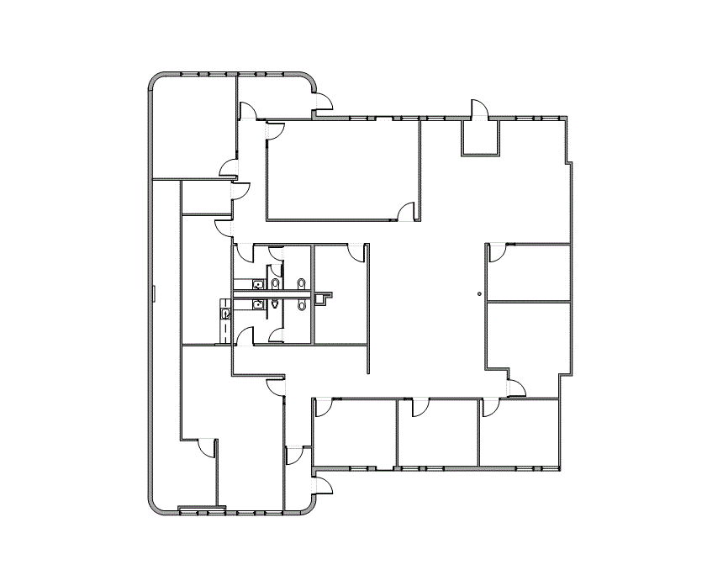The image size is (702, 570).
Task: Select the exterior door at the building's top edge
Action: click(478, 109)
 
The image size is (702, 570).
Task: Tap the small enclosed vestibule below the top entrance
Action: click(480, 138)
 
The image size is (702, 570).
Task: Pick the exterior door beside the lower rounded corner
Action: click(322, 485)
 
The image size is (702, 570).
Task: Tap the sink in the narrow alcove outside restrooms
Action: click(225, 313)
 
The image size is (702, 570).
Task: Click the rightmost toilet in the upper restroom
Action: click(301, 284)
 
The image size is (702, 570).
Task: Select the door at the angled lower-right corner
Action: click(516, 387)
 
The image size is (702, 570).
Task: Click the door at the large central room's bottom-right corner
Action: click(407, 211)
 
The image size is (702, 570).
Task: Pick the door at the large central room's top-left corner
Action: click(276, 130)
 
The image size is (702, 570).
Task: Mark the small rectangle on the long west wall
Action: click(154, 293)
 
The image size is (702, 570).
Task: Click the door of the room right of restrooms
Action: click(357, 251)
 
